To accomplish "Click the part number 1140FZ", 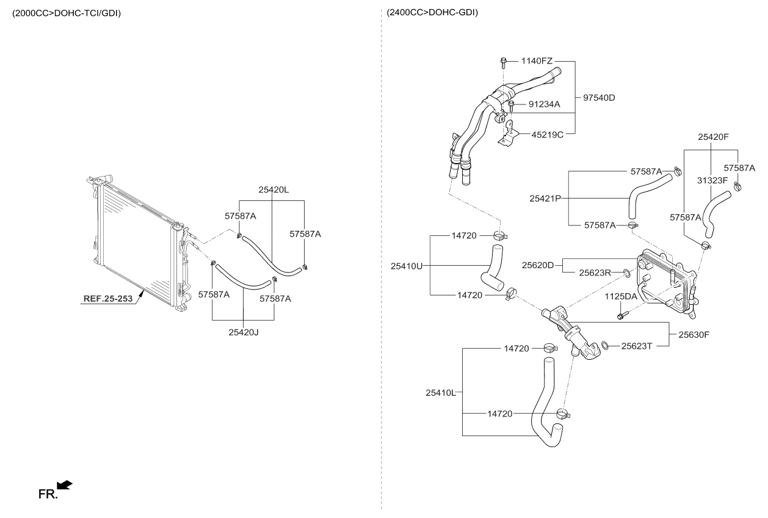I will click(x=537, y=61).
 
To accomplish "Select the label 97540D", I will click(x=599, y=98).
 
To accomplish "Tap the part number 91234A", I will click(x=544, y=104).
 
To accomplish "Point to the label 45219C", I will click(x=547, y=134).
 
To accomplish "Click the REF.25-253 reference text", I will click(x=108, y=299).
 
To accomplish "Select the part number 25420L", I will click(x=273, y=190).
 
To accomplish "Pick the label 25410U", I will click(x=407, y=266).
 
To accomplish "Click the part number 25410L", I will click(x=441, y=392).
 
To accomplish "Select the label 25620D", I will click(x=538, y=265).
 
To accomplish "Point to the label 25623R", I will click(x=595, y=272).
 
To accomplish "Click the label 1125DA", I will click(x=621, y=296).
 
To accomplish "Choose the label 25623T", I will click(x=637, y=346).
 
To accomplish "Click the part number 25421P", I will click(x=545, y=198).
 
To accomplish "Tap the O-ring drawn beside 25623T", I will click(x=605, y=346).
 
